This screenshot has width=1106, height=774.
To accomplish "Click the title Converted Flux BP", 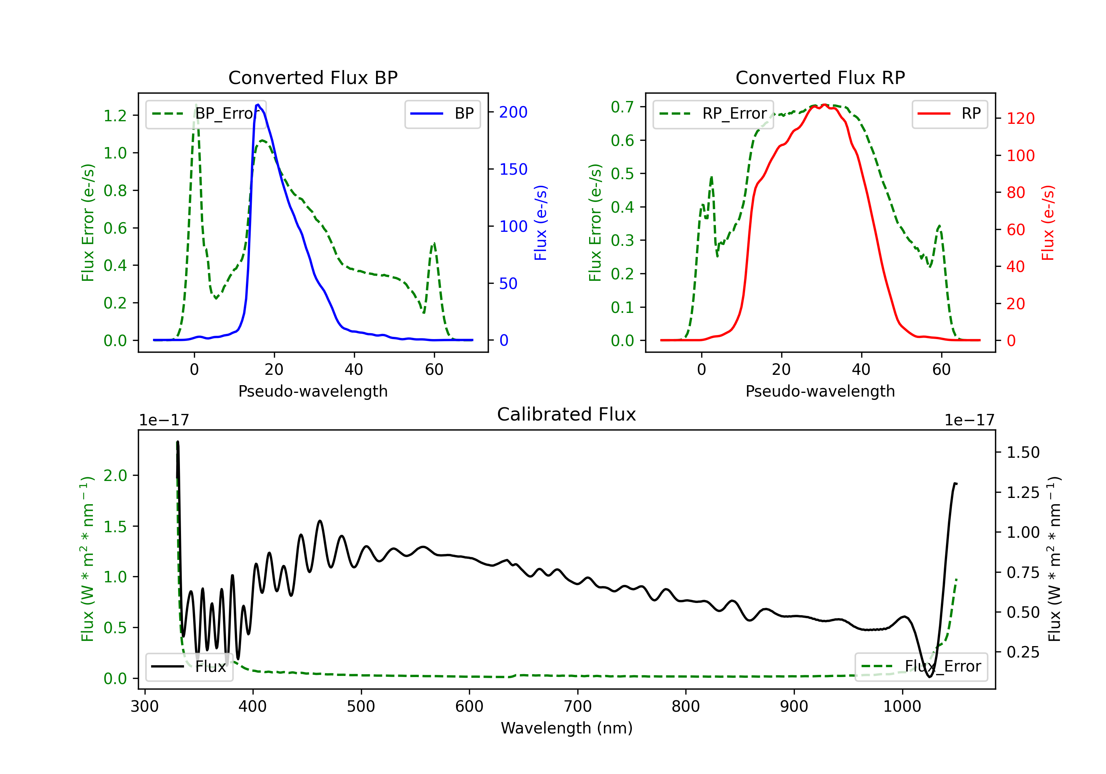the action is (x=313, y=77).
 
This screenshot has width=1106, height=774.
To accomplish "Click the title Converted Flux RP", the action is (x=820, y=77).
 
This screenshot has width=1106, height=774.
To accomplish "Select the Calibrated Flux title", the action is (x=567, y=414).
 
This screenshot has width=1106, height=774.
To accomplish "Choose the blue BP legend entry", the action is (x=442, y=114).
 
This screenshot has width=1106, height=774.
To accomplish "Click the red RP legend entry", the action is (x=949, y=114).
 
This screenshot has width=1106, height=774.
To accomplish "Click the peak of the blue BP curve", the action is (x=258, y=105).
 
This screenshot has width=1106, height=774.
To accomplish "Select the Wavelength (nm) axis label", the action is (x=567, y=728).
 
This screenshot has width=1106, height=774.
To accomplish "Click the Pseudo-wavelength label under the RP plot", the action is (x=820, y=391).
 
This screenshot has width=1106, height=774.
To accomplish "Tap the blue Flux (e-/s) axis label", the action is (x=540, y=223).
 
